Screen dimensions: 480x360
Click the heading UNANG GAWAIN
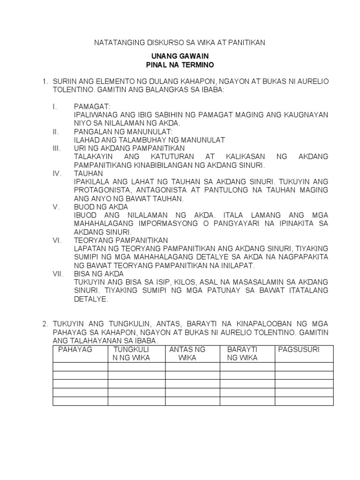click(x=180, y=56)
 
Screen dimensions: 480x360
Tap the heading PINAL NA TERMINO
click(x=180, y=64)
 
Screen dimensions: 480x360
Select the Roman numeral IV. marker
click(x=58, y=173)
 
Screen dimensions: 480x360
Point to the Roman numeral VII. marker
click(x=58, y=274)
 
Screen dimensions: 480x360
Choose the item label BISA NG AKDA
click(x=99, y=274)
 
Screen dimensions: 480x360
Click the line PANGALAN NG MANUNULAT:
click(x=123, y=132)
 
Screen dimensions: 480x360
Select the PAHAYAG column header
click(x=75, y=350)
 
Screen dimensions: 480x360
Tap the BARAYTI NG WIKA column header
click(x=243, y=354)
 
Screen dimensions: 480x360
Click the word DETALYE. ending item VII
click(x=91, y=299)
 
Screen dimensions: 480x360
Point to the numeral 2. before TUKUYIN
click(x=45, y=324)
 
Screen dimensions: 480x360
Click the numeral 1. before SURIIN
click(x=45, y=82)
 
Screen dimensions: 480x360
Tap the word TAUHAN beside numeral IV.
click(x=88, y=173)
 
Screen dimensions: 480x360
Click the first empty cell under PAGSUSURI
click(x=304, y=367)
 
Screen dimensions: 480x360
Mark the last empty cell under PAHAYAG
click(x=81, y=401)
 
